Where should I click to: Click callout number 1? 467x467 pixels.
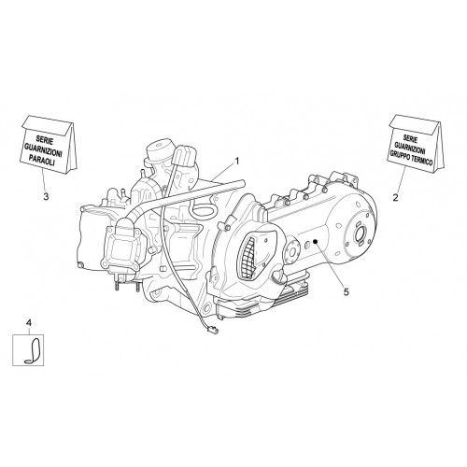pyautogui.click(x=237, y=162)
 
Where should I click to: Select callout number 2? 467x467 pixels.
pyautogui.click(x=395, y=197)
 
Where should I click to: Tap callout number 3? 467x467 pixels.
pyautogui.click(x=46, y=197)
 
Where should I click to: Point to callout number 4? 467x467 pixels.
pyautogui.click(x=29, y=323)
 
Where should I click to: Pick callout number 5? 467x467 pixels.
pyautogui.click(x=346, y=291)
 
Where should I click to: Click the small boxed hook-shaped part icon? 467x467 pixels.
pyautogui.click(x=28, y=350)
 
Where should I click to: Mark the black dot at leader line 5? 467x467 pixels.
pyautogui.click(x=315, y=241)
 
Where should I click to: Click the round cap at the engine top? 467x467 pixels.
pyautogui.click(x=161, y=150)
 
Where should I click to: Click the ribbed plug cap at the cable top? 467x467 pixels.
pyautogui.click(x=185, y=157)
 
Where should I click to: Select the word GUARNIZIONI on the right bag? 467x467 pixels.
pyautogui.click(x=410, y=148)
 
